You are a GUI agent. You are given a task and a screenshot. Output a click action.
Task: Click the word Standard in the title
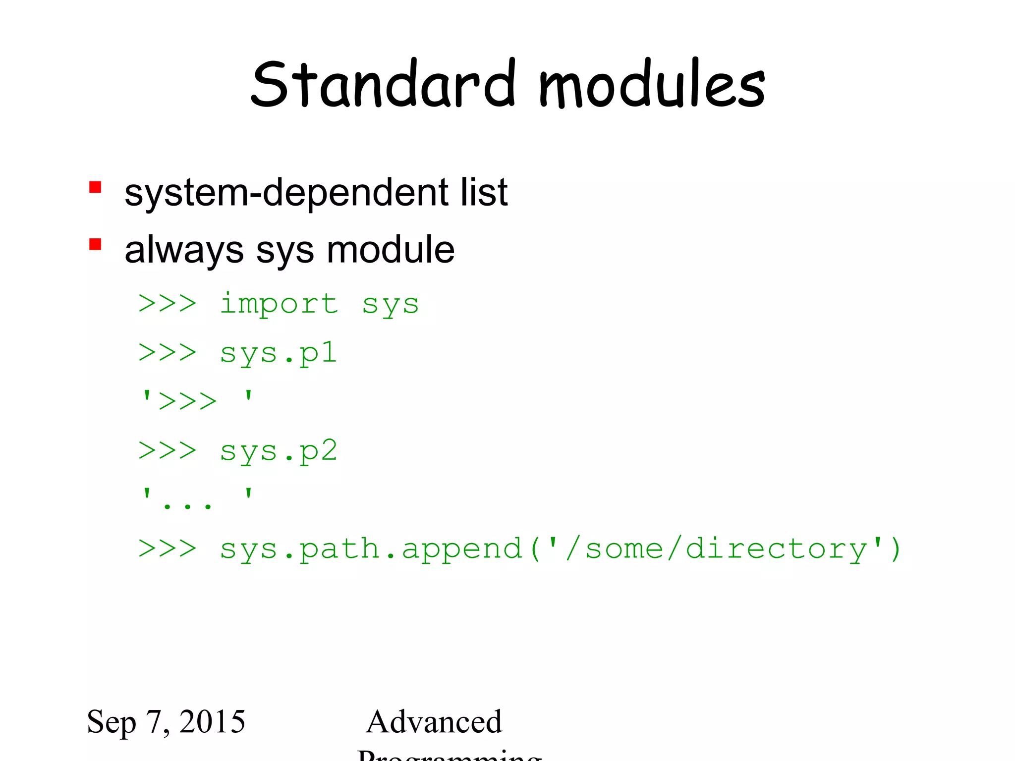coord(383,84)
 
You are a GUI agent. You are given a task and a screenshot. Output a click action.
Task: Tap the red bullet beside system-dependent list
coord(95,187)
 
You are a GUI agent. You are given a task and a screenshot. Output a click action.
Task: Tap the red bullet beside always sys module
coord(95,244)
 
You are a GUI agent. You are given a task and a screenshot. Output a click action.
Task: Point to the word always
coord(184,250)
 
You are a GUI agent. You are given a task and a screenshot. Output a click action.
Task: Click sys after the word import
coord(391,305)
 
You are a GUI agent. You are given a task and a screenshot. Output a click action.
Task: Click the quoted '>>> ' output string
coord(197,400)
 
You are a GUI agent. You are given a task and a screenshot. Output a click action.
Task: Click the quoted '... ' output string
coord(197,498)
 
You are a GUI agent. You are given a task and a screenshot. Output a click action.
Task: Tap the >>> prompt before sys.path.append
coord(168,549)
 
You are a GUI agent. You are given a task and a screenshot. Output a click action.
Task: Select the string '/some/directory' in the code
coord(714,549)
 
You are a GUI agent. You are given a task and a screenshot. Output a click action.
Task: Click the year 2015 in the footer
coord(212,721)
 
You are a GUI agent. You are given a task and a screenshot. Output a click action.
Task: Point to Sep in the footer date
coord(111,722)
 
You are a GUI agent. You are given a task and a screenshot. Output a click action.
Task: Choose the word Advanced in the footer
coord(434,721)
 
